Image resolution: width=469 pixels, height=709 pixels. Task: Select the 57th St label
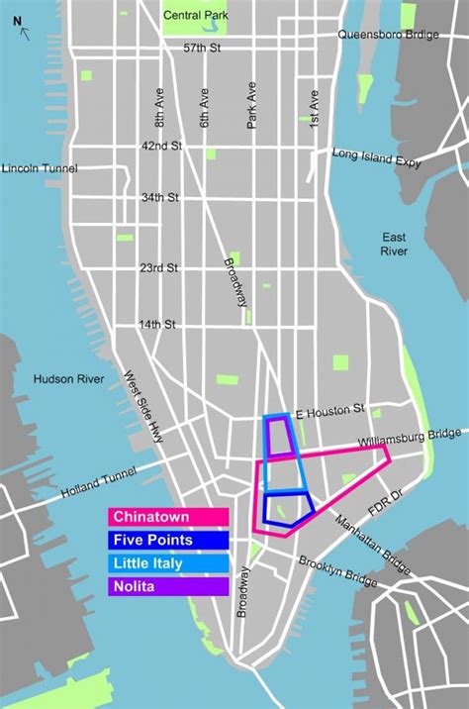pos(203,48)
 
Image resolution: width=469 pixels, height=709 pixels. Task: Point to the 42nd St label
pos(162,145)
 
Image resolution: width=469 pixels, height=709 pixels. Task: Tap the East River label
pos(394,244)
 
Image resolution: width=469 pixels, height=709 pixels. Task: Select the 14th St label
pos(156,324)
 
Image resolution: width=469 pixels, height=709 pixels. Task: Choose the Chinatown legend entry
pos(168,517)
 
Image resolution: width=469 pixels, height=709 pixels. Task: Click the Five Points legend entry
pos(168,540)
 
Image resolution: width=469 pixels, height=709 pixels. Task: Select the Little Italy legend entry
pos(168,563)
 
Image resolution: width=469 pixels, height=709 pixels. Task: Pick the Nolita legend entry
pos(168,586)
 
